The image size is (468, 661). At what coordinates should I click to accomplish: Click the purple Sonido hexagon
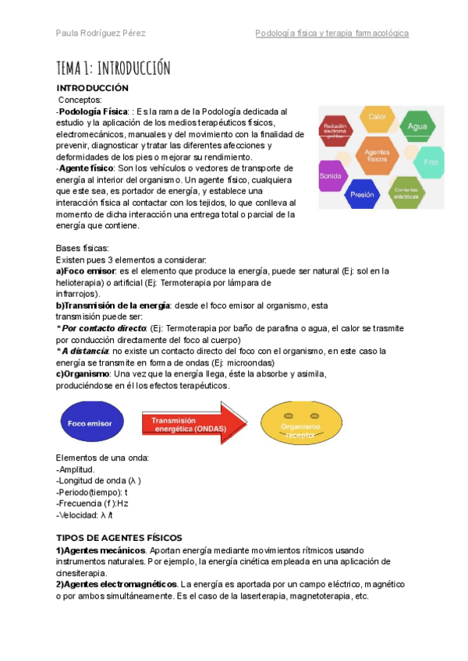(331, 176)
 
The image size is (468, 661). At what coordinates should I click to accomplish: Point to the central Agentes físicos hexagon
(378, 154)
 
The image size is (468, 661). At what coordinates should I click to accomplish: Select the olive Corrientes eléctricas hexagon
(406, 191)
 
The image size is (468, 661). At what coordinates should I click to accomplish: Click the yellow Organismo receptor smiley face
(300, 424)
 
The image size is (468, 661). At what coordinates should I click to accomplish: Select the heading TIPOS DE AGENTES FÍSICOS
(119, 538)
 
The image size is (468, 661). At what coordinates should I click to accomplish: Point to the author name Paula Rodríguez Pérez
(101, 34)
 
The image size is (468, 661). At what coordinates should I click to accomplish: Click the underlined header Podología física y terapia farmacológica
(331, 34)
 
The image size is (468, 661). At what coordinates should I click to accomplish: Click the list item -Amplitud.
(76, 469)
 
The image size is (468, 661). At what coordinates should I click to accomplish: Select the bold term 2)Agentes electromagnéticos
(116, 585)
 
